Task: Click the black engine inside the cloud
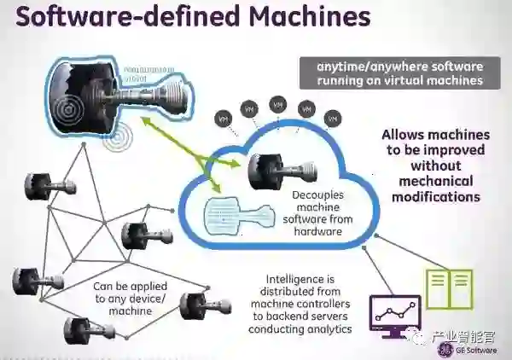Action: [x=271, y=170]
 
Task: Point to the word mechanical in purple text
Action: [x=436, y=181]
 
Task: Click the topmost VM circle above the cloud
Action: [x=277, y=103]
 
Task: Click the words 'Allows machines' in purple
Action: [x=435, y=135]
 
